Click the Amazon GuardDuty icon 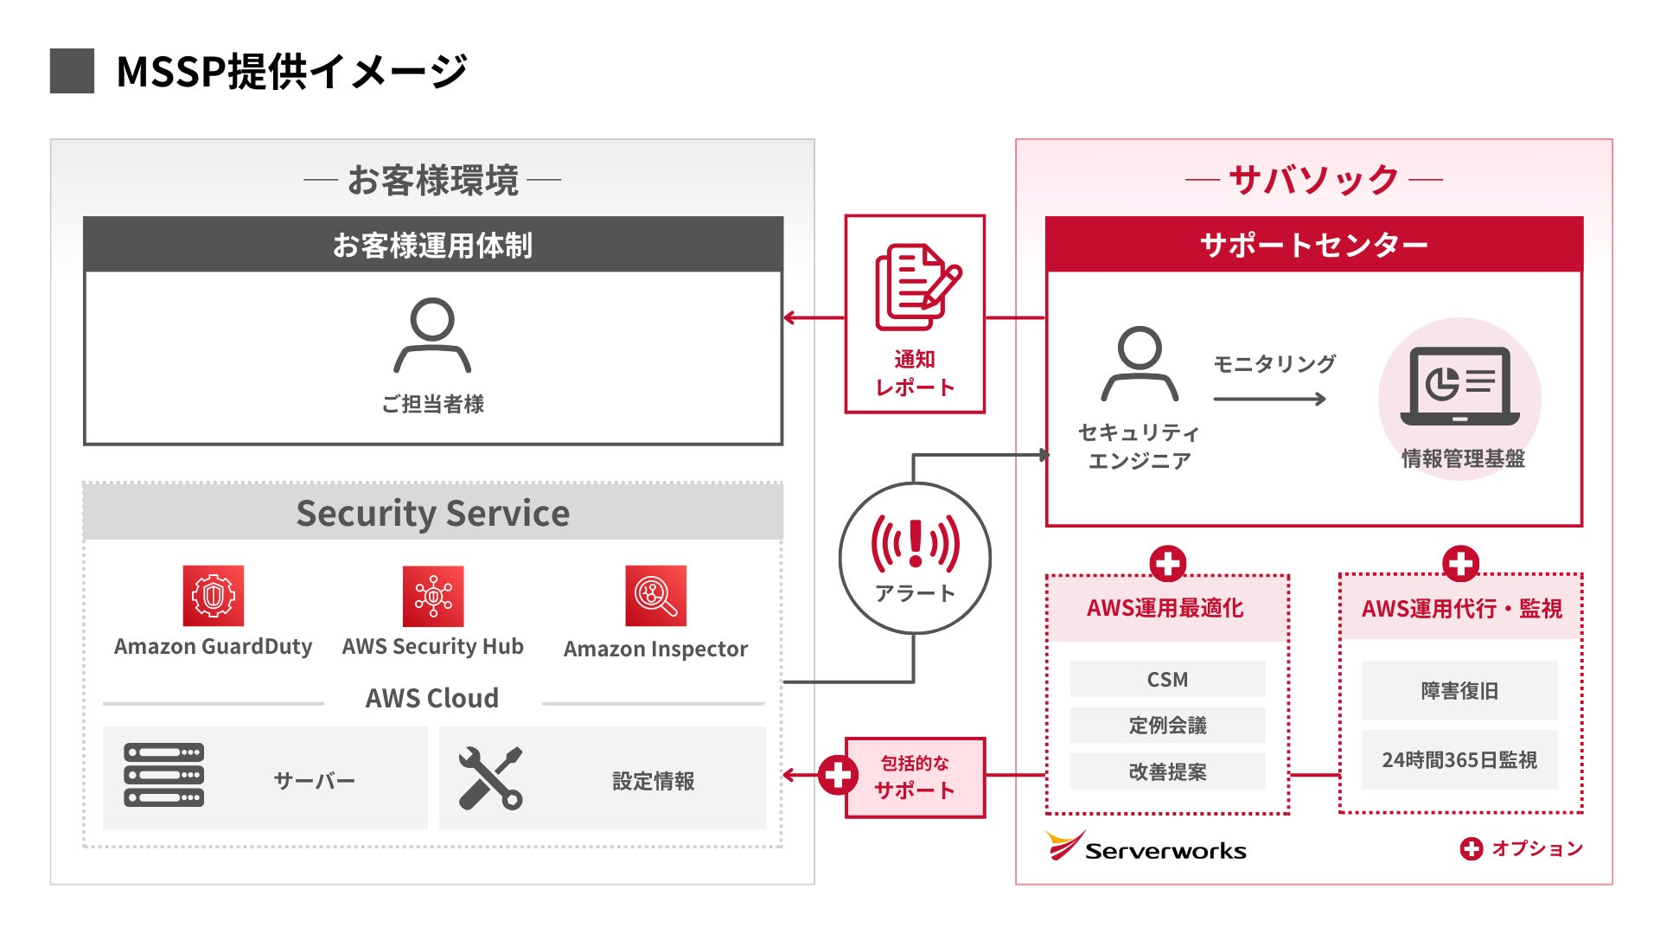[x=213, y=596]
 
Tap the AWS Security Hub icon [x=433, y=596]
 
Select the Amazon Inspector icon [x=655, y=596]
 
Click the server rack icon [x=164, y=775]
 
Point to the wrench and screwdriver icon [x=489, y=777]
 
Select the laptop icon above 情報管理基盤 [x=1459, y=386]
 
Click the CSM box [x=1167, y=679]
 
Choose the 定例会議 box [x=1167, y=725]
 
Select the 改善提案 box [x=1167, y=771]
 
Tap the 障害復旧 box [x=1459, y=690]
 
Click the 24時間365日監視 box [x=1459, y=759]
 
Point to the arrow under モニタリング [x=1269, y=399]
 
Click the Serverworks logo [x=1146, y=848]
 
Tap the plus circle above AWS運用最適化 [x=1167, y=564]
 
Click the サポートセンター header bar [x=1314, y=245]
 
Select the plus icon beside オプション [x=1471, y=848]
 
